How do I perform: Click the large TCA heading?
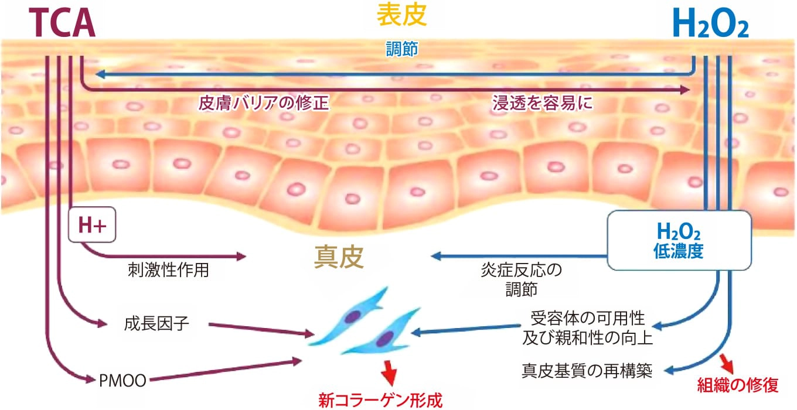point(62,24)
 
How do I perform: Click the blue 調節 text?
point(401,49)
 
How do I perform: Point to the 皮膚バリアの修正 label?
point(263,104)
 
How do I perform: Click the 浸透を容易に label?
point(541,104)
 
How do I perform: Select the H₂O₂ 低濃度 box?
point(679,240)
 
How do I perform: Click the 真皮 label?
point(339,257)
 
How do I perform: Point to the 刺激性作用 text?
point(168,271)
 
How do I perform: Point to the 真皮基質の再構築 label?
point(587,371)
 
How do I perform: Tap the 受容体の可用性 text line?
point(587,319)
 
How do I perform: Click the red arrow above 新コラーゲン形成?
point(388,370)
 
